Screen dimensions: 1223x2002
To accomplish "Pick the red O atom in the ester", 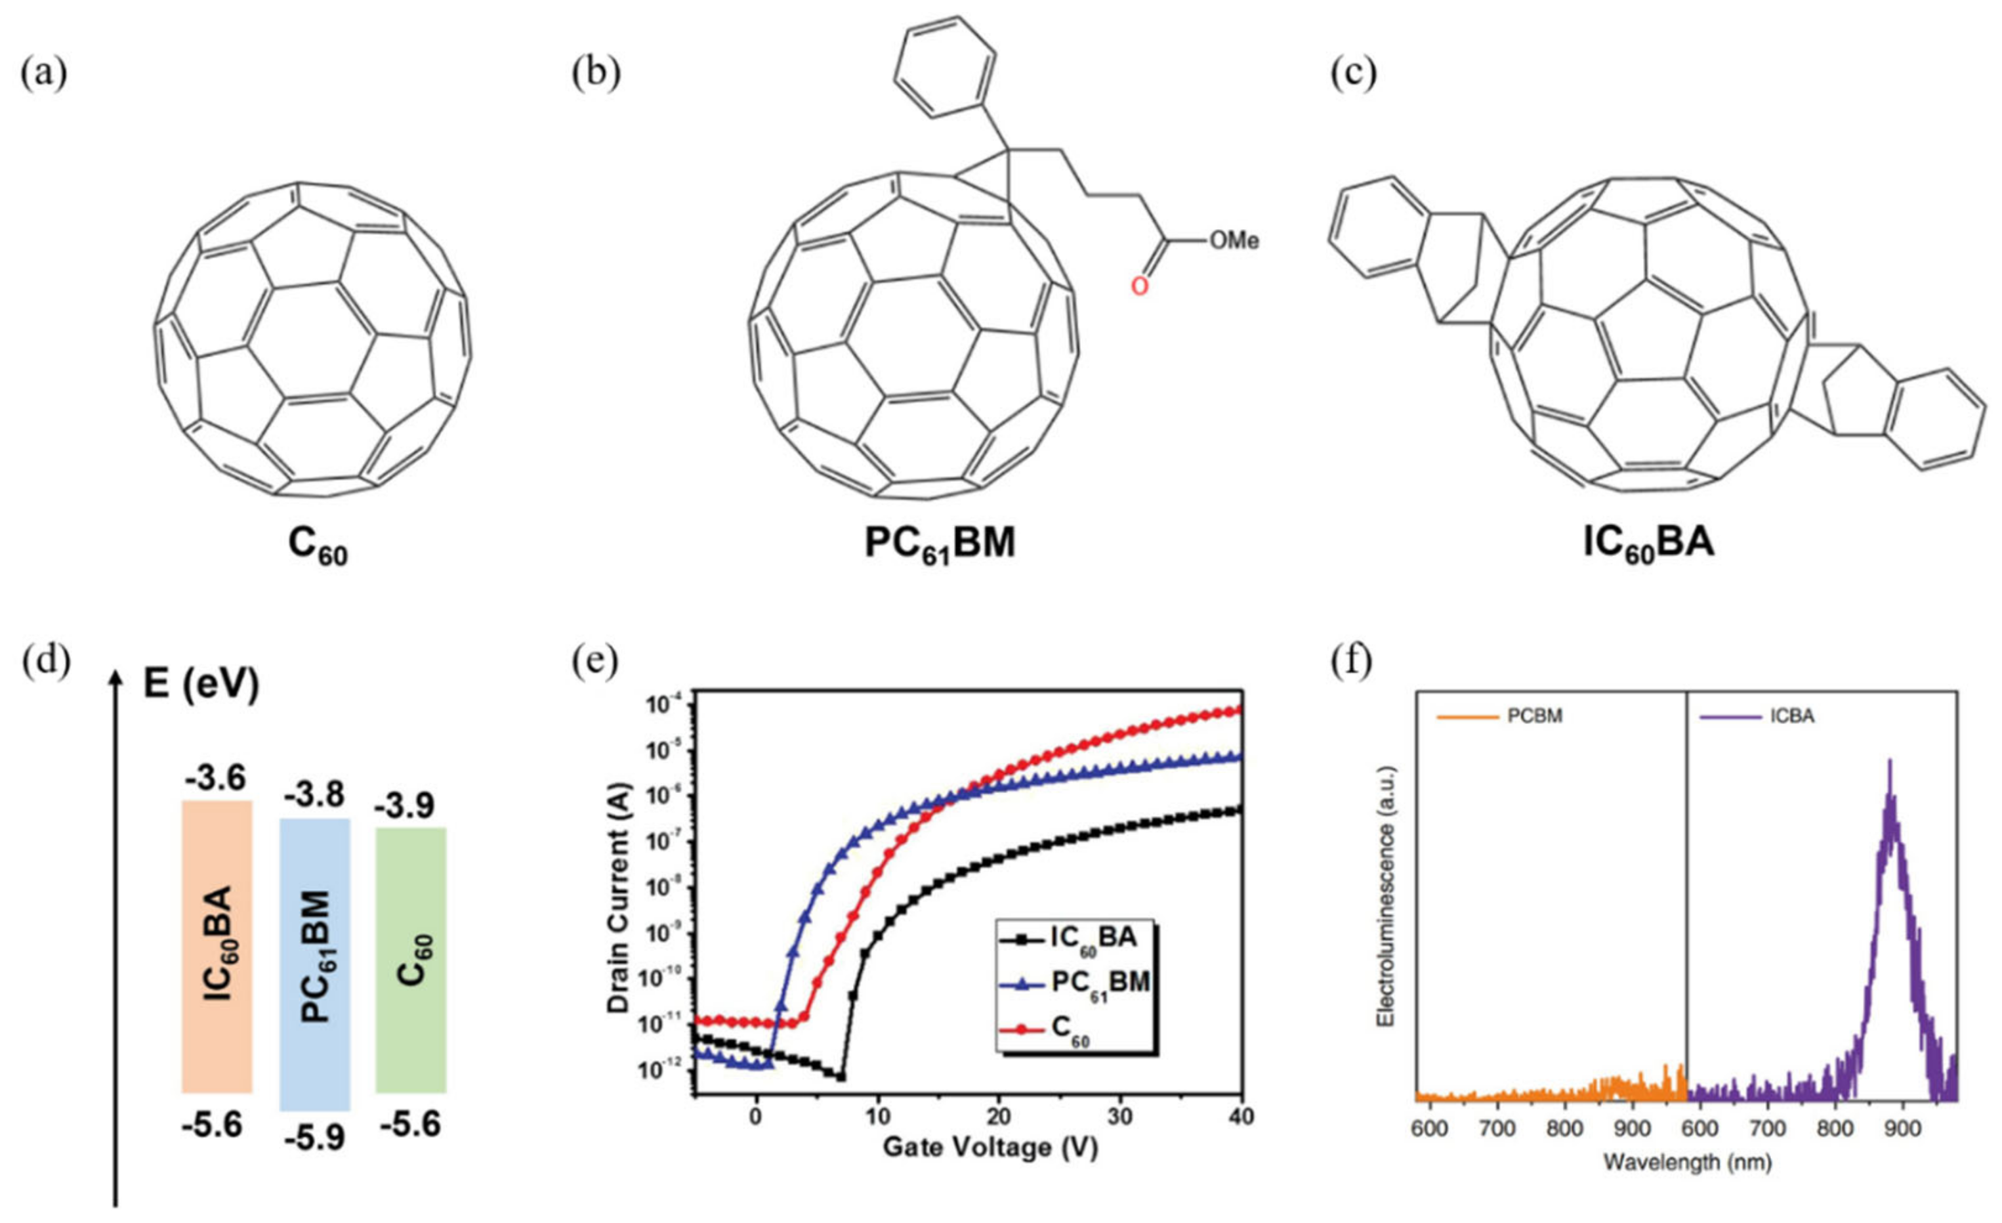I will (1140, 286).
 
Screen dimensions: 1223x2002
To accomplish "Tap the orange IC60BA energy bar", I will (217, 946).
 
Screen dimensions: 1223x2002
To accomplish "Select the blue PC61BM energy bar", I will (314, 964).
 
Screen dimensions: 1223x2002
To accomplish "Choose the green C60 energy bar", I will (411, 959).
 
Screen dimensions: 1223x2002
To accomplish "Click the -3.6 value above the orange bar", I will (215, 779).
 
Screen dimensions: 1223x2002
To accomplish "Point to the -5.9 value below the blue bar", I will (314, 1138).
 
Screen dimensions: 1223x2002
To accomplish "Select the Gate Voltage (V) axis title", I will (990, 1148).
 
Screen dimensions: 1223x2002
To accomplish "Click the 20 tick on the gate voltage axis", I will (999, 1117).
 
